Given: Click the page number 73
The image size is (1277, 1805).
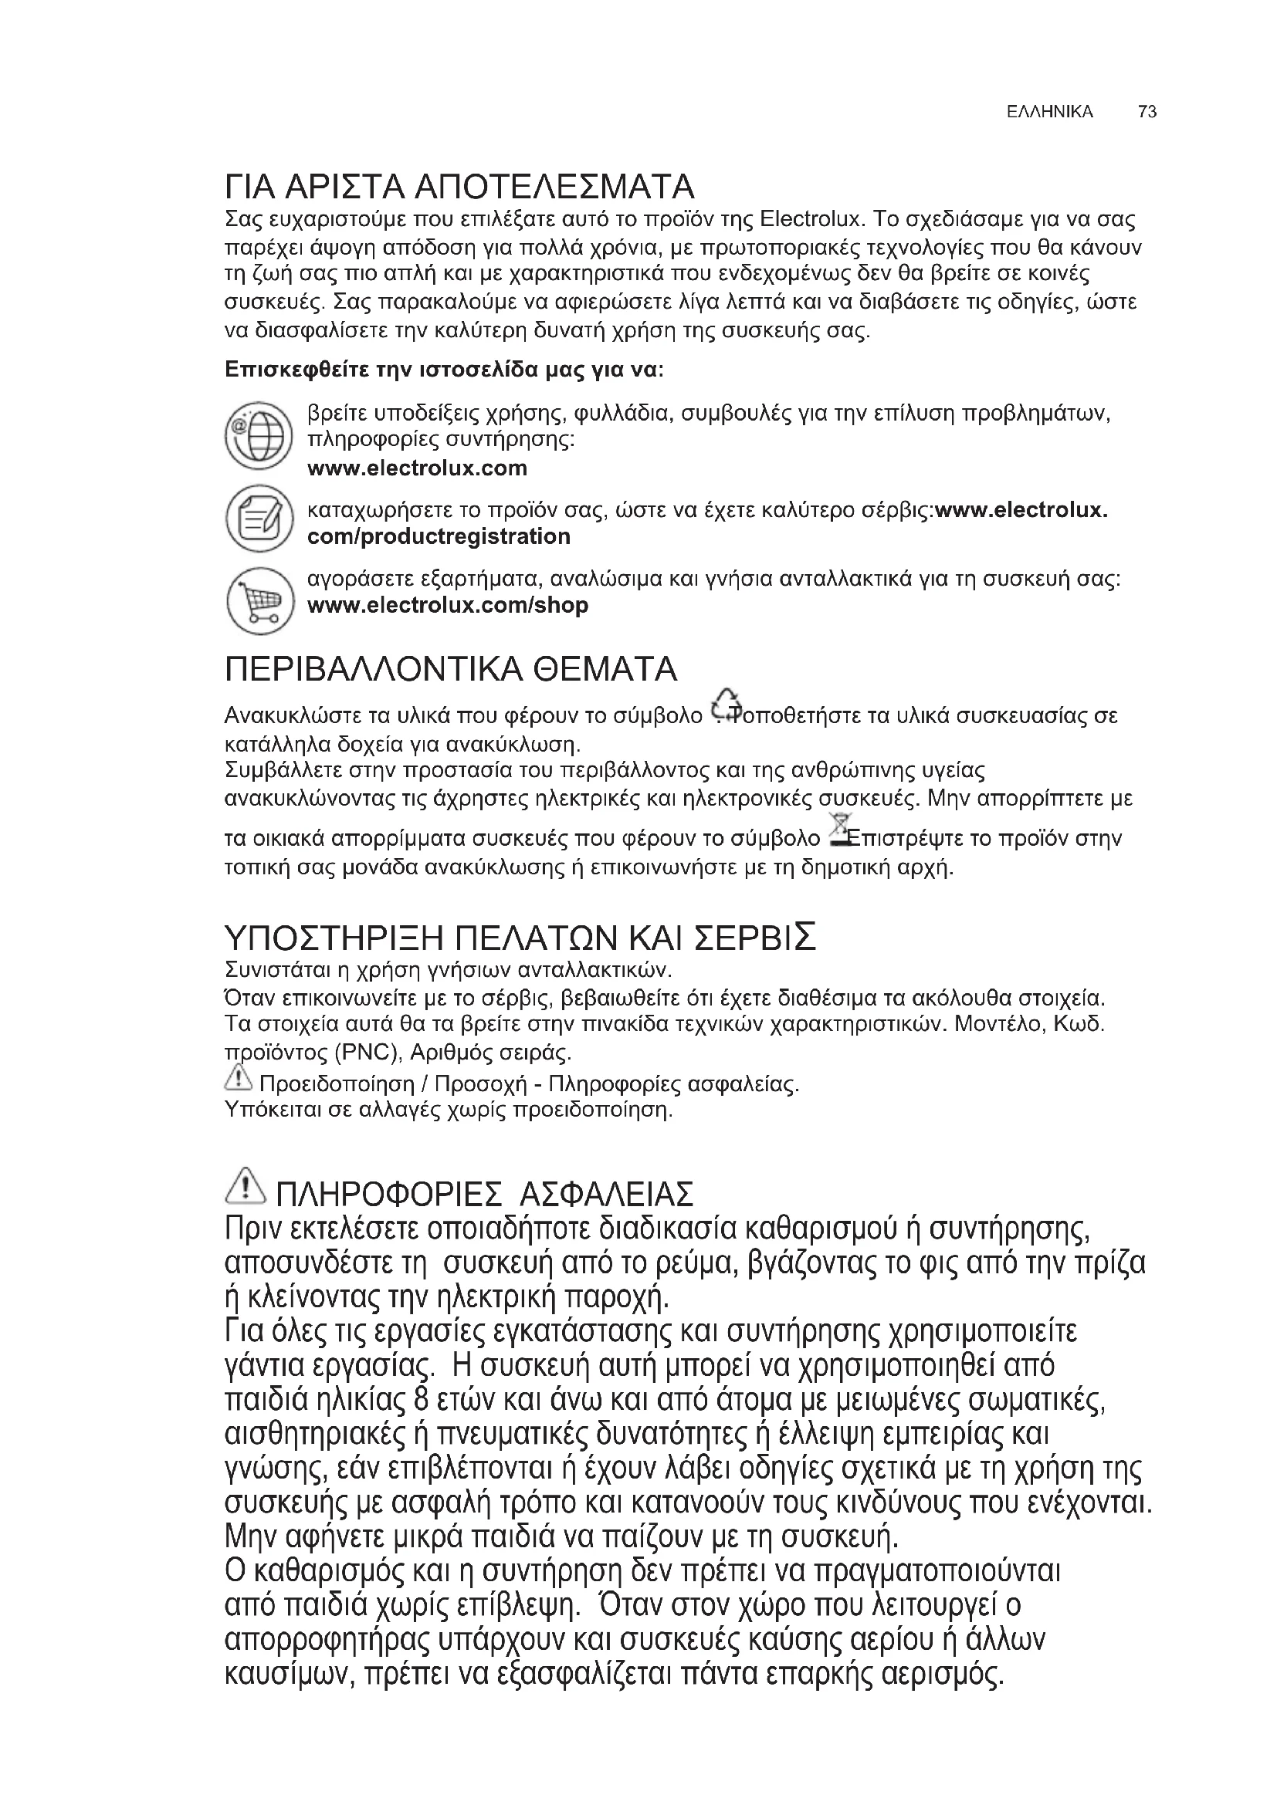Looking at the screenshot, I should pyautogui.click(x=1147, y=112).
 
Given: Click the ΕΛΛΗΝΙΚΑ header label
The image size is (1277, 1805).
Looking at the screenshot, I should pyautogui.click(x=1049, y=112).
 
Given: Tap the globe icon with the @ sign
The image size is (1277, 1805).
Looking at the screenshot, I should pyautogui.click(x=259, y=434).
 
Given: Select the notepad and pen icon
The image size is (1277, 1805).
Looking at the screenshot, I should pyautogui.click(x=259, y=519).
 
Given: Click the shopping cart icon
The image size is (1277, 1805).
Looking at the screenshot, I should pyautogui.click(x=259, y=600).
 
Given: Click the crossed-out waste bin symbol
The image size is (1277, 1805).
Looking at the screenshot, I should pyautogui.click(x=840, y=830).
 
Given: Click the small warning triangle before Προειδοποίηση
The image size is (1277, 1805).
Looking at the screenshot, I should pyautogui.click(x=238, y=1079).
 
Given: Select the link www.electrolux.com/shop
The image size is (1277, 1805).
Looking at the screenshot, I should pyautogui.click(x=448, y=606).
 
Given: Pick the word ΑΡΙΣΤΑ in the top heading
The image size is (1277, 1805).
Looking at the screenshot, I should pyautogui.click(x=344, y=187).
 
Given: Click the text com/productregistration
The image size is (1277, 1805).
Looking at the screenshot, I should pyautogui.click(x=439, y=537).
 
